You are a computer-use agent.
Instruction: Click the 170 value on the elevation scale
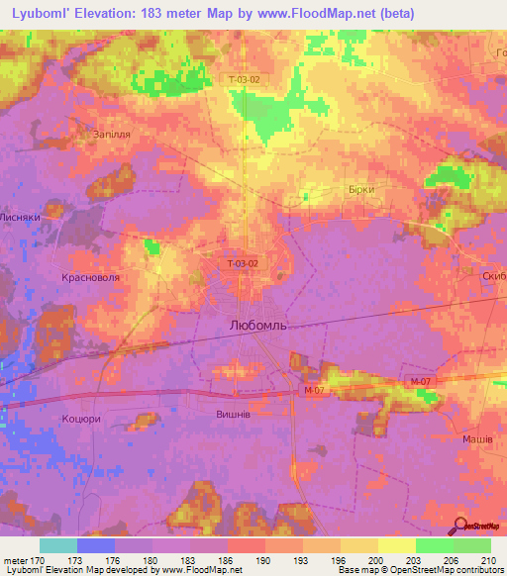pyautogui.click(x=40, y=559)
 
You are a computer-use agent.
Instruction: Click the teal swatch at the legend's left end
pyautogui.click(x=58, y=545)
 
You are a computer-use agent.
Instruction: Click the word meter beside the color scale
pyautogui.click(x=15, y=559)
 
